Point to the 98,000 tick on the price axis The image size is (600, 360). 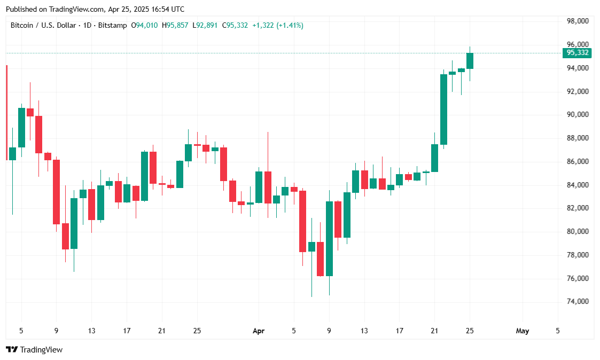[578, 21]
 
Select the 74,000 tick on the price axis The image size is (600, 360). [578, 302]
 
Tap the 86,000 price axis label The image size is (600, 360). [578, 161]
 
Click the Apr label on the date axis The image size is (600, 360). [259, 331]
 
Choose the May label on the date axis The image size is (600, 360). [522, 331]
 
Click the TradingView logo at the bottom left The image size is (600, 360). [34, 350]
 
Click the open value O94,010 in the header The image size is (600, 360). [144, 25]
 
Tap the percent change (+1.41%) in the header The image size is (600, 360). [290, 25]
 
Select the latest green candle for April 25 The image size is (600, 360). [470, 60]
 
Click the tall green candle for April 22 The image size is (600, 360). [443, 109]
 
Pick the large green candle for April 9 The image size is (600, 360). [329, 238]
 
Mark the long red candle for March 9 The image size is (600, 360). [56, 191]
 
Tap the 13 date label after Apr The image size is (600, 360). [364, 331]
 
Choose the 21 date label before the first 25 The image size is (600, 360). [162, 331]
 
